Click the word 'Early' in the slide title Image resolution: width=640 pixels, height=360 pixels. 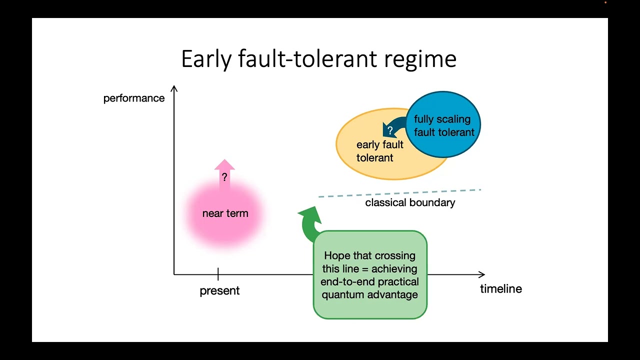point(206,59)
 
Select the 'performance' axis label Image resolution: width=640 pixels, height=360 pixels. point(134,98)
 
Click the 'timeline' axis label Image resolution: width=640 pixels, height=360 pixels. point(501,288)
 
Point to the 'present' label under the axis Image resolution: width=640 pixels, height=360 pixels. point(219,290)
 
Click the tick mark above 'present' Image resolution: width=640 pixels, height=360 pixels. point(218,273)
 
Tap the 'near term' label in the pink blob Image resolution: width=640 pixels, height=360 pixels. point(225,213)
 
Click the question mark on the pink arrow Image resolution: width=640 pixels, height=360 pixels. point(224,177)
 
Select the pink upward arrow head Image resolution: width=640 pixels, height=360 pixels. point(224,165)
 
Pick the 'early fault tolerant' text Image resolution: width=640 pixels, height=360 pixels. point(379,151)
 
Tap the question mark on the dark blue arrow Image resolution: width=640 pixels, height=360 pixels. point(390,131)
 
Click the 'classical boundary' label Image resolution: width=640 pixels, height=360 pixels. point(410,202)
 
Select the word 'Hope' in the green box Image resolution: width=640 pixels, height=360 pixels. point(337,255)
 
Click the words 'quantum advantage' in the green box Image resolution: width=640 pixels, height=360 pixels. point(369,294)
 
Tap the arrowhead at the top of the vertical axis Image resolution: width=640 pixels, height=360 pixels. point(174,89)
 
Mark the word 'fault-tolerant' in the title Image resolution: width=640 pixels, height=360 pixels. point(307,59)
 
